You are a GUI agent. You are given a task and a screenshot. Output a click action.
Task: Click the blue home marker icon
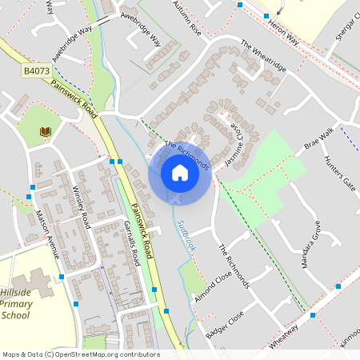point(180,173)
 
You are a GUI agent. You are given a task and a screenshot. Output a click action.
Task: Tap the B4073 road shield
point(36,71)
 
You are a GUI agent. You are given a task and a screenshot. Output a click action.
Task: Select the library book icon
point(46,131)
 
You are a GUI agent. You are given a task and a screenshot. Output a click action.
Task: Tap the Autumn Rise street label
point(186,15)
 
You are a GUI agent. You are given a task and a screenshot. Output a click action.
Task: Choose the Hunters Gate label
point(339,172)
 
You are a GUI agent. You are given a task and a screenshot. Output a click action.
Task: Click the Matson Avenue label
point(48,234)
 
